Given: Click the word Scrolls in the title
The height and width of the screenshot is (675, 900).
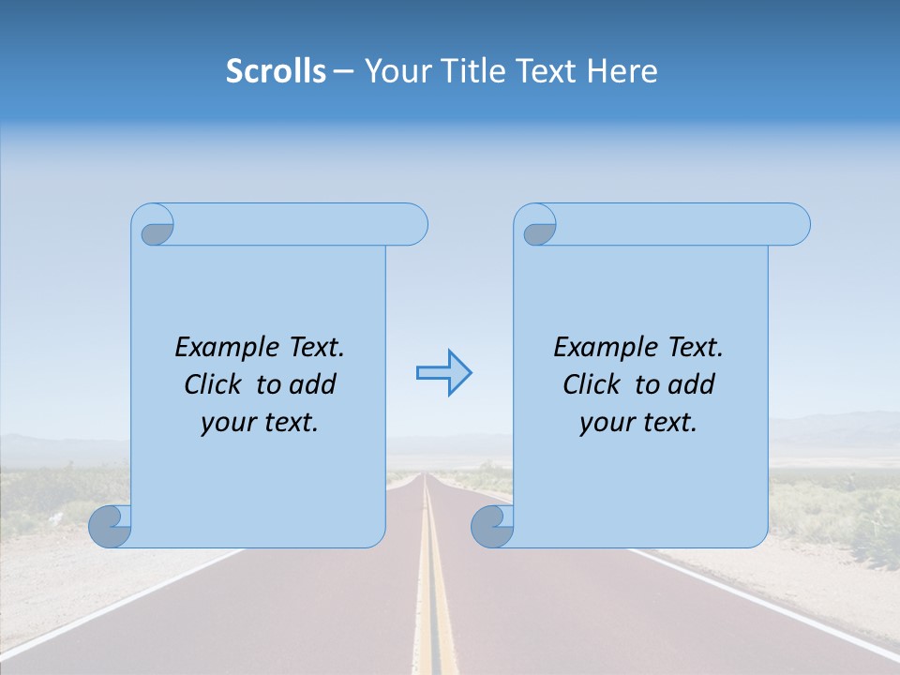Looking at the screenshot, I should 276,71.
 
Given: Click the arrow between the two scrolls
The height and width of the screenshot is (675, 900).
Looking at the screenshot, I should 443,373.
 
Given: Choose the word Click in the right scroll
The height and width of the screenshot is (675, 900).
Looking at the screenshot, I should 592,384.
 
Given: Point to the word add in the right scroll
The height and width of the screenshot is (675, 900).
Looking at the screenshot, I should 690,384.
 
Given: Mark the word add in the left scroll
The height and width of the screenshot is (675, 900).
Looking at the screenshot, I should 311,384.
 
